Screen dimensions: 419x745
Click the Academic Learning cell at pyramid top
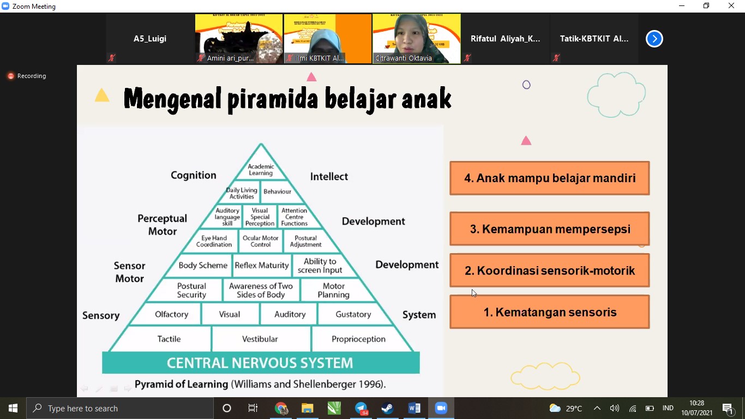point(261,170)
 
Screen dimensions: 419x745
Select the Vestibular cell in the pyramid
point(260,339)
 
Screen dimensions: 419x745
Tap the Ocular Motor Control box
point(260,241)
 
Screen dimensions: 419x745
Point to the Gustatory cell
point(353,314)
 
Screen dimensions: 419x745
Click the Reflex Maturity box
point(261,266)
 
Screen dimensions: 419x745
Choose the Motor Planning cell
point(333,290)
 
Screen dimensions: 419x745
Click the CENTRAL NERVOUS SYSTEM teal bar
point(260,363)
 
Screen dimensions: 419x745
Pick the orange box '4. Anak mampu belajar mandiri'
point(549,178)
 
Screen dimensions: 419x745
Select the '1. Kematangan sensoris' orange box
point(549,312)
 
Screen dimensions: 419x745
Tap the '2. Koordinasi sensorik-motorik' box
point(549,271)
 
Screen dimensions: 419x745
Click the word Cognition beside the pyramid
point(193,175)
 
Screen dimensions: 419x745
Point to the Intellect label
point(329,176)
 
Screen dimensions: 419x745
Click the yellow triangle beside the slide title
point(102,97)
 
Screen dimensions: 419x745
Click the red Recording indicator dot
point(10,76)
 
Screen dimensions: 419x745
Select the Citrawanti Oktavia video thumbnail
point(416,39)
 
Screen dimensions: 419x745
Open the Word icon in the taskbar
point(414,408)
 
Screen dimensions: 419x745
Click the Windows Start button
point(13,408)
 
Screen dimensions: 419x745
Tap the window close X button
point(731,6)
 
